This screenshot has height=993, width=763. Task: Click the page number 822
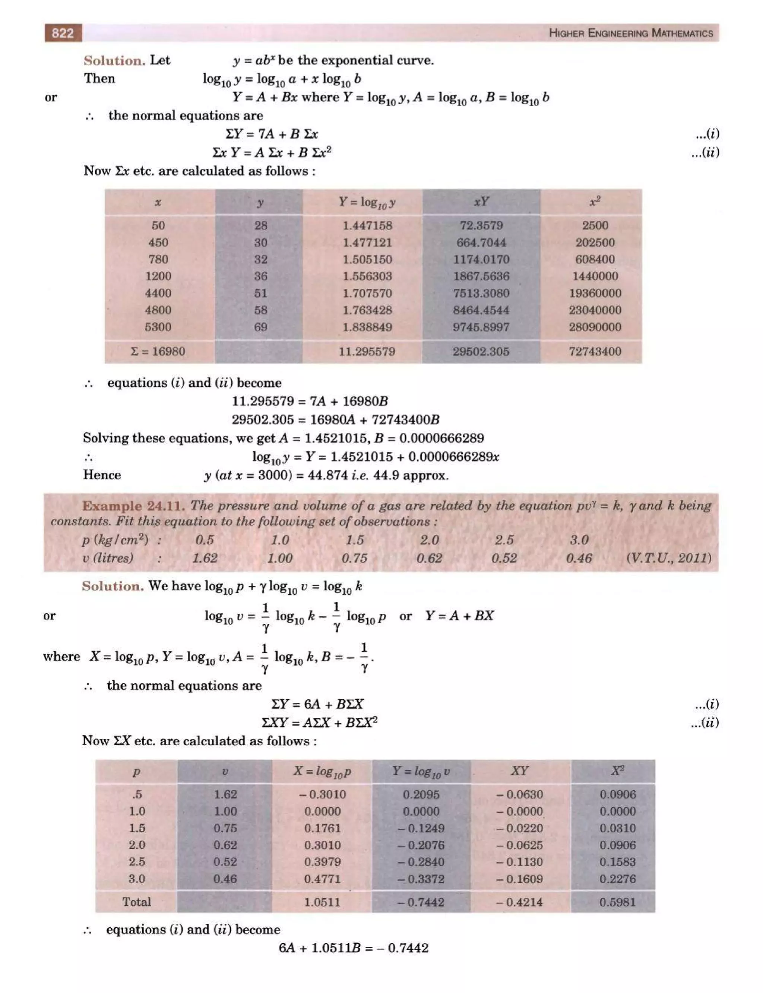point(63,33)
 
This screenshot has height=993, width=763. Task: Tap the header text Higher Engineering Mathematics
point(630,33)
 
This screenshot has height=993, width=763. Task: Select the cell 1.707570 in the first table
point(367,293)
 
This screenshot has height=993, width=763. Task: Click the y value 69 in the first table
point(260,327)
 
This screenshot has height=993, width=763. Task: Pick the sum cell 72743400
point(595,351)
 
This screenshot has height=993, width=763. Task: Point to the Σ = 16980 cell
point(158,351)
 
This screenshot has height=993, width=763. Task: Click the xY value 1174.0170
point(481,259)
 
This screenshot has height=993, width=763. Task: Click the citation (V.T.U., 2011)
point(668,558)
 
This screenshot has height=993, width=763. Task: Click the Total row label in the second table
point(136,902)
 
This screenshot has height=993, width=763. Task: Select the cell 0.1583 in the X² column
point(617,862)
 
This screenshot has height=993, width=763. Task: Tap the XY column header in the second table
point(520,771)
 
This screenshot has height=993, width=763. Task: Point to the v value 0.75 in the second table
point(225,828)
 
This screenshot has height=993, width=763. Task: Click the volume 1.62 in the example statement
point(205,558)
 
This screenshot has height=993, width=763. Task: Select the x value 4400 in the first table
point(158,293)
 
